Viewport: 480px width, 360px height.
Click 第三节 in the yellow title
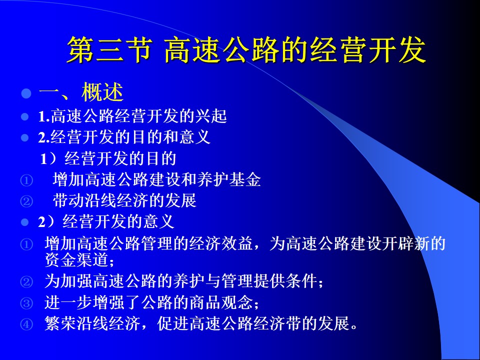(110, 49)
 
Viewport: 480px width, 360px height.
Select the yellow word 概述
(102, 92)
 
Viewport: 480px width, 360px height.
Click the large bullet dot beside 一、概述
(26, 93)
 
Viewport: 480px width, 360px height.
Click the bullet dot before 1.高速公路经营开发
(25, 116)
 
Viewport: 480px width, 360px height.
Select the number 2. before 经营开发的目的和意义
(44, 137)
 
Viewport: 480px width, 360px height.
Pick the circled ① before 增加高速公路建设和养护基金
(26, 180)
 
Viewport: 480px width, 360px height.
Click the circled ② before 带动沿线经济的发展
(26, 201)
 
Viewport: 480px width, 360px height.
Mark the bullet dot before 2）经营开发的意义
(25, 222)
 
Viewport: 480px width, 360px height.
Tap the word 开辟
(397, 243)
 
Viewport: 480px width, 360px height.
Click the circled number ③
(26, 303)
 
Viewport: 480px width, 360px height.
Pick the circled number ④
(26, 324)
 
